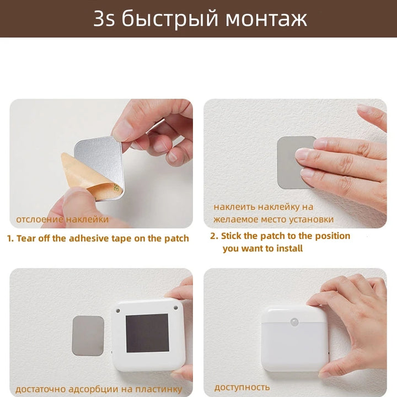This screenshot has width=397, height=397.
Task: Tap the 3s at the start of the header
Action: point(104,19)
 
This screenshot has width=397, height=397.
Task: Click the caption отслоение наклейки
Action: point(62,219)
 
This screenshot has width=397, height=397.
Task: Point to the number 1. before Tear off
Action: point(10,239)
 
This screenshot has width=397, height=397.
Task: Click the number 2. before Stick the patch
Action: point(214,236)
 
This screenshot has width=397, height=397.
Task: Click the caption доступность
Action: point(242,387)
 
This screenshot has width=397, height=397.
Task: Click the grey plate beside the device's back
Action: point(88,335)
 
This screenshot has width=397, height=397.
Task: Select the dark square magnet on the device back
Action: point(147,333)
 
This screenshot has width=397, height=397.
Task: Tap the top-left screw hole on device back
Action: point(117,310)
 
